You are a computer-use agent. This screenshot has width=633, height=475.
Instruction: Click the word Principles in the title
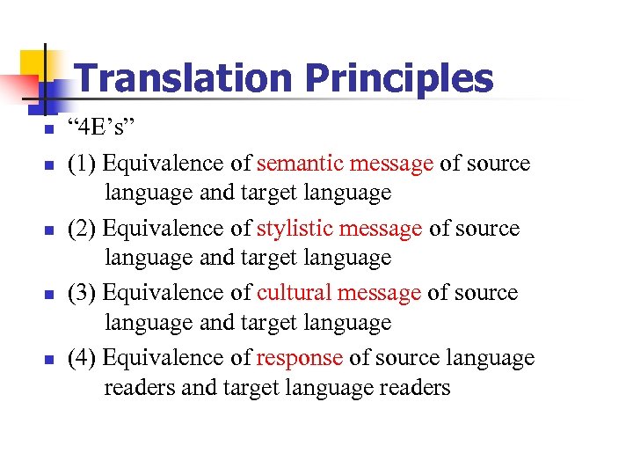click(398, 79)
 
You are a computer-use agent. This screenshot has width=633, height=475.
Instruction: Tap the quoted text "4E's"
click(105, 130)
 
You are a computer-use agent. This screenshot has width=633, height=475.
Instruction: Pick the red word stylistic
click(294, 229)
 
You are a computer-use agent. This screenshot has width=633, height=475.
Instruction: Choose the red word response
click(300, 358)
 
